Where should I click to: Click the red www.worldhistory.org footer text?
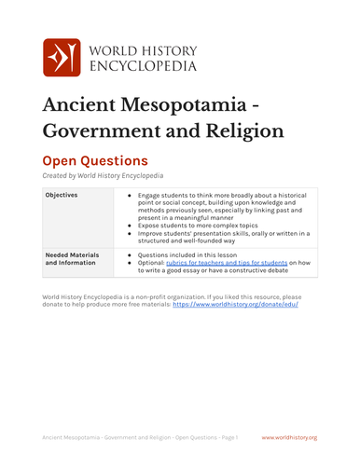(289, 437)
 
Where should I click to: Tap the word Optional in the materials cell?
(153, 263)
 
